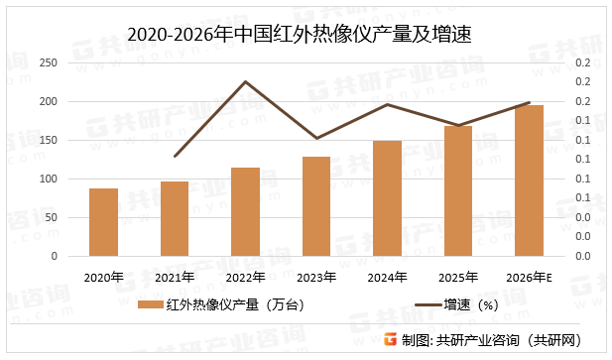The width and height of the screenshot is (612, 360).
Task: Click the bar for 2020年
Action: [103, 222]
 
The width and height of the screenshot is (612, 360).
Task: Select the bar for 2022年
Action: [245, 211]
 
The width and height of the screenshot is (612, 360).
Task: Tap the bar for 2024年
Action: [387, 198]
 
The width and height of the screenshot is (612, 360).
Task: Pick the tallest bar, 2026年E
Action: [529, 180]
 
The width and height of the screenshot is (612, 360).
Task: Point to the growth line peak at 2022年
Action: [245, 81]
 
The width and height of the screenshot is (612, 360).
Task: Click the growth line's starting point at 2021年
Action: [175, 157]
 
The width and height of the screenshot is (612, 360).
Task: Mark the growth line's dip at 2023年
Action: [316, 138]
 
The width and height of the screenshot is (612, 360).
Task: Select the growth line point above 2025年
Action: [458, 126]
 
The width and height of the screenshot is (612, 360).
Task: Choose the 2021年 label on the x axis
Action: [175, 277]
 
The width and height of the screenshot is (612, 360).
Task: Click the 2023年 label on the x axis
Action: [316, 277]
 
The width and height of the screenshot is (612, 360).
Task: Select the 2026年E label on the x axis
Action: [529, 277]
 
